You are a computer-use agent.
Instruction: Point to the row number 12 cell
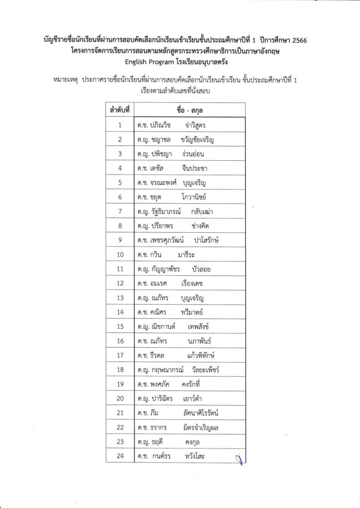tap(120, 283)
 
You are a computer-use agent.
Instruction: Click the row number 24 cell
tap(120, 456)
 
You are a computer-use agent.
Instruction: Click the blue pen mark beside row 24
tap(239, 458)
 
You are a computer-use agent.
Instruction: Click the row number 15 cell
tap(120, 326)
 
